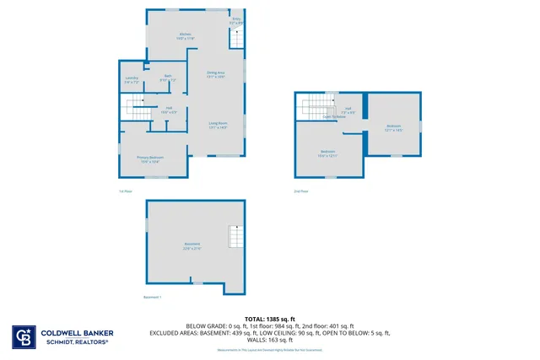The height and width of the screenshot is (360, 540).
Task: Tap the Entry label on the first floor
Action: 236,20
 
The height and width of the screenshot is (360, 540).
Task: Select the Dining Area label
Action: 216,74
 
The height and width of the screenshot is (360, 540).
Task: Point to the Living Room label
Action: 219,125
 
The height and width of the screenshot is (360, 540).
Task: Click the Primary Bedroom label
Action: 150,159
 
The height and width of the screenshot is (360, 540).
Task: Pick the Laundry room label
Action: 131,80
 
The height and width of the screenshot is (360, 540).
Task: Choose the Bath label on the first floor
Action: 168,78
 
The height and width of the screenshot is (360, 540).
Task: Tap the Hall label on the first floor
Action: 169,110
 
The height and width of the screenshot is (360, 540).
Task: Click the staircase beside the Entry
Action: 237,38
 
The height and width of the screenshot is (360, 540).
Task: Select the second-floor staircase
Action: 317,107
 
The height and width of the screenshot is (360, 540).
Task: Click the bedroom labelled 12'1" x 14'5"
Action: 393,128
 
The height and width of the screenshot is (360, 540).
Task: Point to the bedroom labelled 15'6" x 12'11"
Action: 327,153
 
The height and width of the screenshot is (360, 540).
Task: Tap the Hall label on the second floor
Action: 347,110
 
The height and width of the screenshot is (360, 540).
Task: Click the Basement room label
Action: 192,246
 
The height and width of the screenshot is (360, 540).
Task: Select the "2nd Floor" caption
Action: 301,191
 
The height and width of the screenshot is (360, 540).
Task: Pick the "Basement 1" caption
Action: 152,298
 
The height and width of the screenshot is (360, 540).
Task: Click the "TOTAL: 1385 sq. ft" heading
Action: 269,319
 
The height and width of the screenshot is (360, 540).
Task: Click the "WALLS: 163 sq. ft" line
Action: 269,340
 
